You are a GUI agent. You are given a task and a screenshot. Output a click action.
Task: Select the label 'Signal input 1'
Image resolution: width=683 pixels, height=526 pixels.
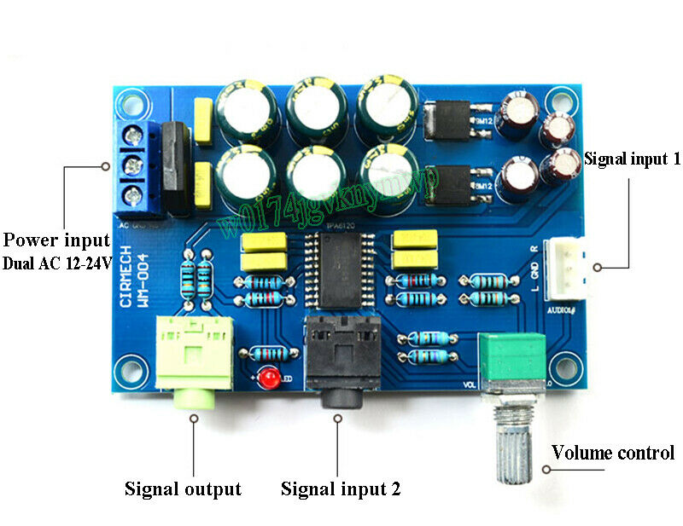(x=632, y=158)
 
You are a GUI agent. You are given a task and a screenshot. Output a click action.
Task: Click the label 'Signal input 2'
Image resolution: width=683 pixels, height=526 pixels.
(x=341, y=488)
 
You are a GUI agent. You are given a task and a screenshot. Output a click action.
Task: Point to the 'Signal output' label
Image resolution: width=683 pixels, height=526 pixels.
(x=183, y=488)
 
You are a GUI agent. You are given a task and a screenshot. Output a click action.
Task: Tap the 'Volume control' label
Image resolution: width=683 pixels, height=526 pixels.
(x=612, y=453)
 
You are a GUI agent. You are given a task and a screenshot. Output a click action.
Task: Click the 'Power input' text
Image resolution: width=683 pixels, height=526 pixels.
(x=56, y=240)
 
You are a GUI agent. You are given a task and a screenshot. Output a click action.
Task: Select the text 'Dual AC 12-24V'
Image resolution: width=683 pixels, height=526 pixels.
(x=56, y=263)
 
